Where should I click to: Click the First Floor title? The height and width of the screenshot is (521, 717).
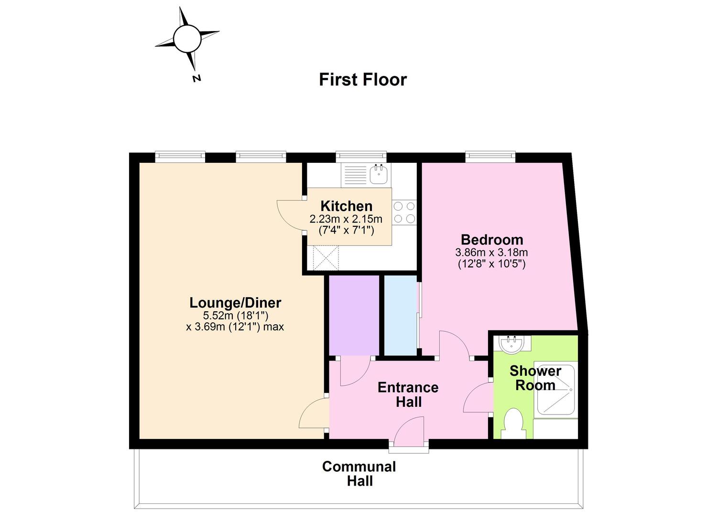363,79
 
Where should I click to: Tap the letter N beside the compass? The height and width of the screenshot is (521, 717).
196,78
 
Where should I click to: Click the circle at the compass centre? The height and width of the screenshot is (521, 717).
187,39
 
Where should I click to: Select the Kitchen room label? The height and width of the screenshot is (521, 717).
347,206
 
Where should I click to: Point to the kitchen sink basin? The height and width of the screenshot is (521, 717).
379,174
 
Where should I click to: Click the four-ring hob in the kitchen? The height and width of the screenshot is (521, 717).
404,213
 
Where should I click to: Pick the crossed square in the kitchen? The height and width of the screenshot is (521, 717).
326,257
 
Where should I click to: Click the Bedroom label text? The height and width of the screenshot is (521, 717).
492,240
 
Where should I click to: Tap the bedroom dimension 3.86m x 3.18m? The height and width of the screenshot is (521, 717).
492,252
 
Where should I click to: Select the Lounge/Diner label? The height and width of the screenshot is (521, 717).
235,303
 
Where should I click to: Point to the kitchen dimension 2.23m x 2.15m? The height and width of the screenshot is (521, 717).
346,219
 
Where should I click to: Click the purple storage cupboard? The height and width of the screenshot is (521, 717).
354,315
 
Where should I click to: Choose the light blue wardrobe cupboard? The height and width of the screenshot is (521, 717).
400,315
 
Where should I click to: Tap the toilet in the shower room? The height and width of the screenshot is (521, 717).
513,423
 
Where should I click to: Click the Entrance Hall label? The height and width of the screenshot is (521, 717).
408,394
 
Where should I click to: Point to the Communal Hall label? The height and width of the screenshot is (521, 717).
359,474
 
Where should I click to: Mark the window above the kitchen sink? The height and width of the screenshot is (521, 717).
361,156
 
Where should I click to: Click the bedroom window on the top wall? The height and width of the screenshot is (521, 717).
490,156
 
